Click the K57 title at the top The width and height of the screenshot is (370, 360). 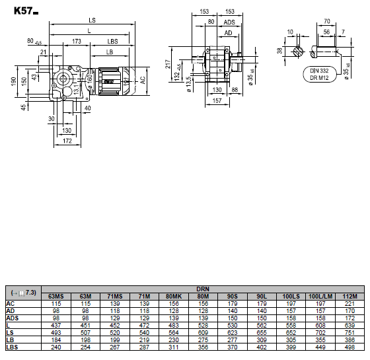(x=26, y=11)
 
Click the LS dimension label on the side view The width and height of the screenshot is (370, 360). (x=92, y=20)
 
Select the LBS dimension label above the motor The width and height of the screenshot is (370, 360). (x=112, y=42)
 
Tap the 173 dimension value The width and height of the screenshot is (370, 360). (x=77, y=42)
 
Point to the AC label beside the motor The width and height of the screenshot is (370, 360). (x=143, y=80)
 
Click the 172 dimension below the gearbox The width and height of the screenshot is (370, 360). (x=67, y=141)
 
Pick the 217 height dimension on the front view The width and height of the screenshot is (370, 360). (x=168, y=64)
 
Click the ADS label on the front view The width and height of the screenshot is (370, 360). (x=229, y=22)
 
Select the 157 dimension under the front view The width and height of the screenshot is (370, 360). (x=217, y=100)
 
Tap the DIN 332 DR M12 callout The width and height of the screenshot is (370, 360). (x=319, y=74)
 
